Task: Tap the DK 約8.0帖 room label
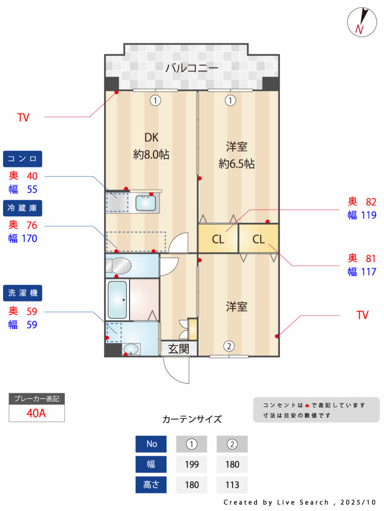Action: coord(151,146)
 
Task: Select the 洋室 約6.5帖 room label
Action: coord(236,155)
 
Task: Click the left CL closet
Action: coord(218,239)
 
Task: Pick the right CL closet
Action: coord(258,239)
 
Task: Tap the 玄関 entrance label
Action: coord(178,348)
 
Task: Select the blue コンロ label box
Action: coord(22,159)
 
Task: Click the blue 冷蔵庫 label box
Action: coord(22,208)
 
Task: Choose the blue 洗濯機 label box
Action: coord(22,292)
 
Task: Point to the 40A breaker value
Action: coord(36,413)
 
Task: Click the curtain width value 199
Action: coord(191,464)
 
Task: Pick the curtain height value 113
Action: coord(232,485)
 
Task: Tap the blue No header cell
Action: coord(151,444)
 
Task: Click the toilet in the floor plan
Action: coord(118,265)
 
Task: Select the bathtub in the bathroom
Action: coord(117,299)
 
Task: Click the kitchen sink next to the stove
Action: coord(146,203)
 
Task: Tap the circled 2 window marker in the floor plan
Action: coord(228,345)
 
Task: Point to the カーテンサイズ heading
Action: coord(191,419)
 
